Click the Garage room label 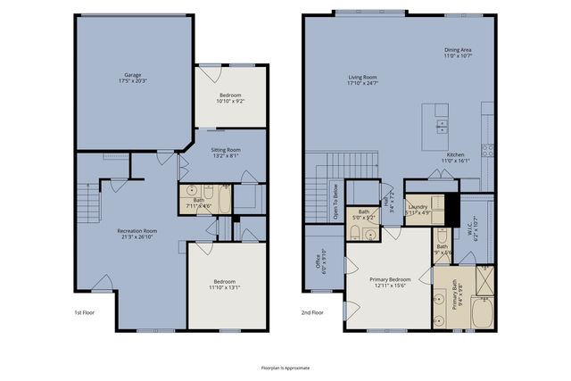[134, 78]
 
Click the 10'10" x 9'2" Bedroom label [231, 97]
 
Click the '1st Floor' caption [84, 312]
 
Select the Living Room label [362, 80]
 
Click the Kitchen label [457, 158]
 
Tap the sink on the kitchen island [442, 124]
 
